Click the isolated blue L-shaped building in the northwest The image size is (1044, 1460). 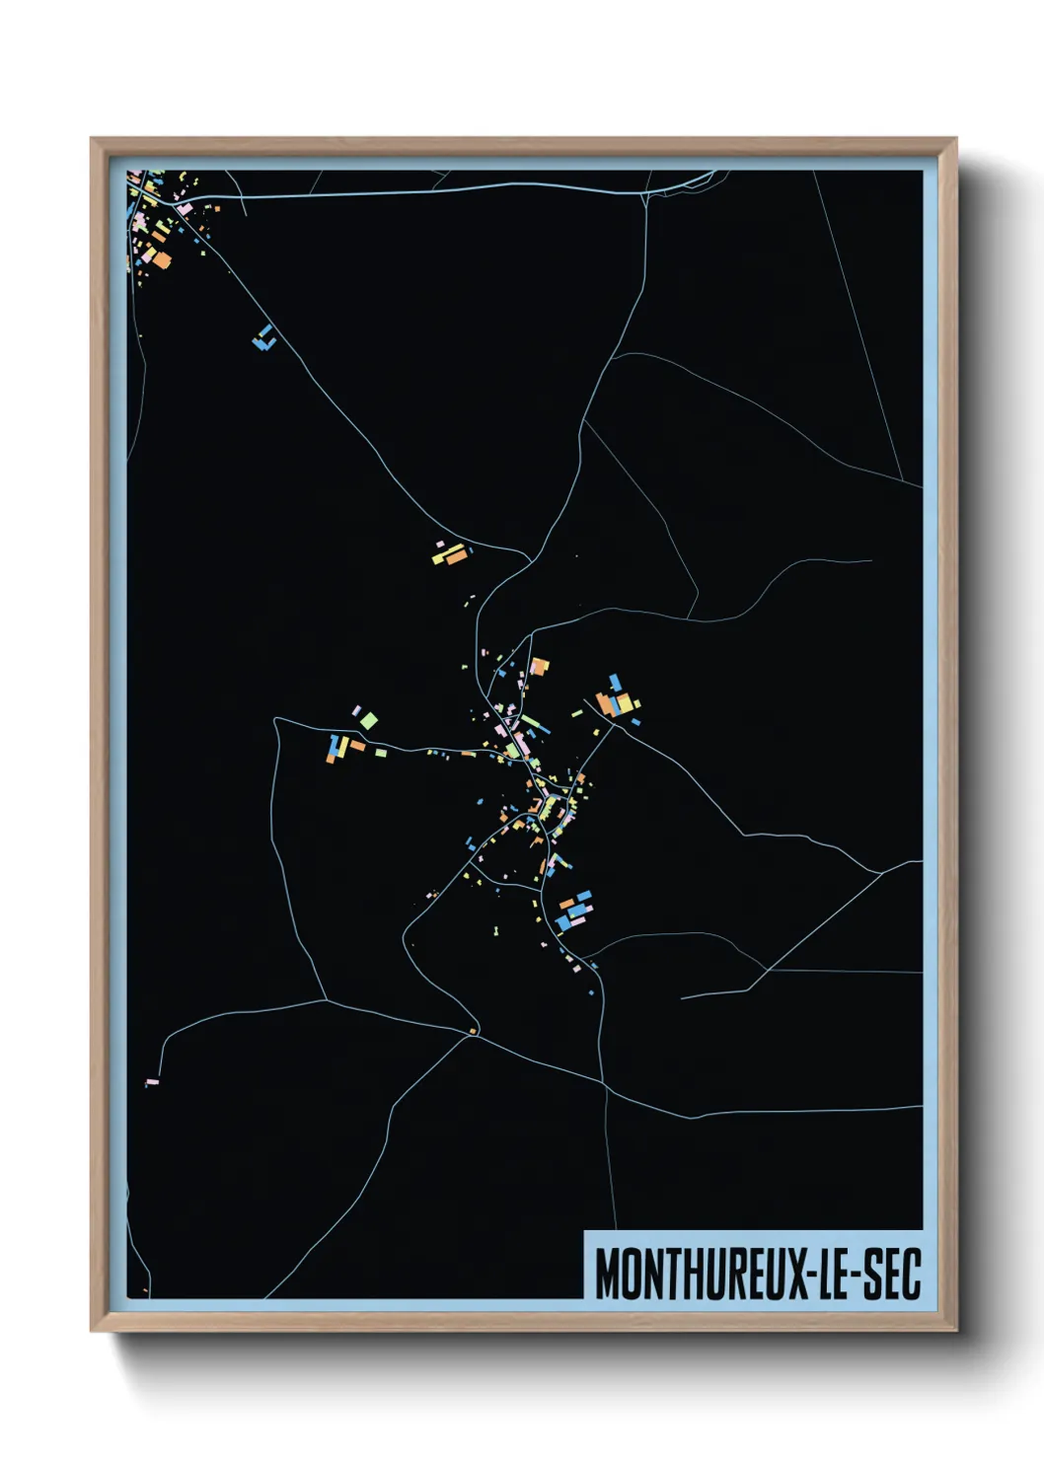[x=263, y=339]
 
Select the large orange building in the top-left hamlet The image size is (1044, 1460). [x=162, y=260]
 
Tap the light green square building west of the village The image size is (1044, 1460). [x=368, y=720]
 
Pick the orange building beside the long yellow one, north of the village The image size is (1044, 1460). [x=455, y=557]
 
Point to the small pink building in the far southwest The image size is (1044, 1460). [x=152, y=1082]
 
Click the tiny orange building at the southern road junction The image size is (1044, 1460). [x=474, y=1032]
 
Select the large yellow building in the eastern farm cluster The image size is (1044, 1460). [x=625, y=701]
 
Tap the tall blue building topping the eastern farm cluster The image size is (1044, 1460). [x=616, y=682]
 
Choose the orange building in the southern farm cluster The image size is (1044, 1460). [x=566, y=903]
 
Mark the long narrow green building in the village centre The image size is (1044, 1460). [x=530, y=722]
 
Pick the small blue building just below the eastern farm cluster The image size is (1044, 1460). [x=635, y=722]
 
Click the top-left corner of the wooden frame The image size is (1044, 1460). [x=92, y=139]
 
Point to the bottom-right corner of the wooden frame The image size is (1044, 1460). [x=956, y=1331]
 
